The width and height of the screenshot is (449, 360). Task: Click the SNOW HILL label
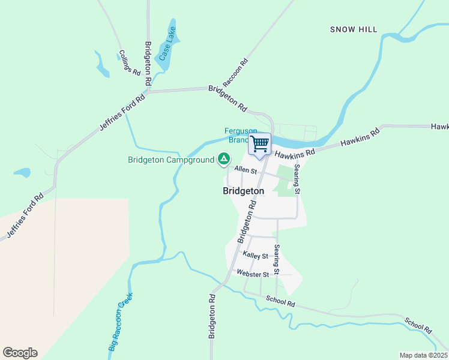click(x=354, y=29)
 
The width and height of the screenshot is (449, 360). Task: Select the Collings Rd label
click(x=128, y=62)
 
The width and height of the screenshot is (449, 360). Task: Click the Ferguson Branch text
click(x=240, y=135)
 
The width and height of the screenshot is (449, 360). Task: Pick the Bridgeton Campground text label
click(x=170, y=160)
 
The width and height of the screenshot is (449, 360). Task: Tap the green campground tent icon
click(x=223, y=159)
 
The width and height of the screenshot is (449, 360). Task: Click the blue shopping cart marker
click(x=260, y=144)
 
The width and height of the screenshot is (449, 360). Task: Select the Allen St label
click(x=246, y=170)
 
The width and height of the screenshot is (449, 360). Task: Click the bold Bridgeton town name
click(x=243, y=191)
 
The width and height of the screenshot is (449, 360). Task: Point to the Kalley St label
click(x=255, y=256)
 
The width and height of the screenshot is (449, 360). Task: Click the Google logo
click(x=20, y=353)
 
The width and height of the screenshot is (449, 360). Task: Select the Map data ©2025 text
click(x=424, y=355)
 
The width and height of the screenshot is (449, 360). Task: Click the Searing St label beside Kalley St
click(x=277, y=259)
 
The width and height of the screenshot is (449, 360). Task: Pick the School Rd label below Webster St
click(x=280, y=302)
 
